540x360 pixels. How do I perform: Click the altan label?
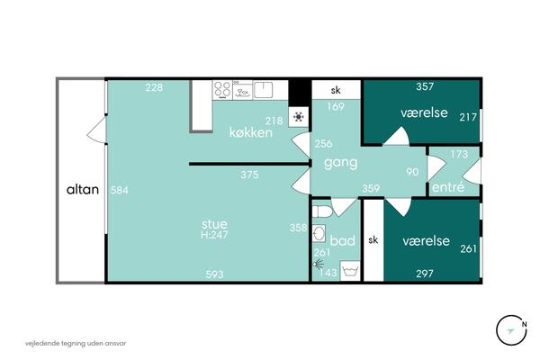click(83, 190)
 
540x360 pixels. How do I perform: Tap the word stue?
click(214, 224)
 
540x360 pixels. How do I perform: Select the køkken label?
click(251, 132)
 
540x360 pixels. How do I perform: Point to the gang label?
click(340, 163)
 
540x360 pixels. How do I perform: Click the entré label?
click(448, 187)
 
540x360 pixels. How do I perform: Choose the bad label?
click(342, 240)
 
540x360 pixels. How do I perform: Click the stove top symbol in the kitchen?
click(222, 89)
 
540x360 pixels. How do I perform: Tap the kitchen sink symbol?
click(264, 89)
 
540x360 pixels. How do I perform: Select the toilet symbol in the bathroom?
click(322, 211)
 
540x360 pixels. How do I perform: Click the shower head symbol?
click(319, 265)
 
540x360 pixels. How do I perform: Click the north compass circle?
click(511, 330)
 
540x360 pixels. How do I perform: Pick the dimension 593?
click(214, 274)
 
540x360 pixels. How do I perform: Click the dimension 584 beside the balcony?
click(120, 190)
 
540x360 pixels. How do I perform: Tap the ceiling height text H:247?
click(214, 235)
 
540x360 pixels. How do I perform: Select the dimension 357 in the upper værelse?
click(425, 86)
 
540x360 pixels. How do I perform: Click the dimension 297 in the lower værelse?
click(425, 274)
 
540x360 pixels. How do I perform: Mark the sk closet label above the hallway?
click(336, 90)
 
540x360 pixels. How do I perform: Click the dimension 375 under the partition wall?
click(249, 175)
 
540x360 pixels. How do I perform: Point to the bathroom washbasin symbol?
click(319, 233)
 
